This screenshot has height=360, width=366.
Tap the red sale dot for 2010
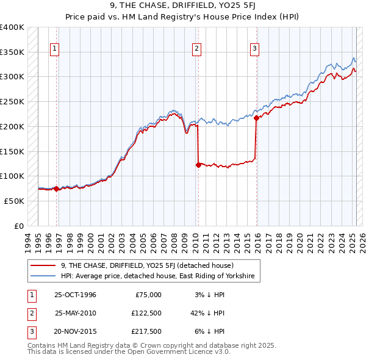pyautogui.click(x=198, y=165)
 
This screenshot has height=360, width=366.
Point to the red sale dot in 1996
pyautogui.click(x=56, y=189)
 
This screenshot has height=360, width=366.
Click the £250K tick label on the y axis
pyautogui.click(x=12, y=101)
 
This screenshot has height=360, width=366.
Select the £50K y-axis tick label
pyautogui.click(x=15, y=201)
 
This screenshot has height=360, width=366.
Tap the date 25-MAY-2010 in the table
pyautogui.click(x=75, y=314)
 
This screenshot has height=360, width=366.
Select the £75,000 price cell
pyautogui.click(x=148, y=295)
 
